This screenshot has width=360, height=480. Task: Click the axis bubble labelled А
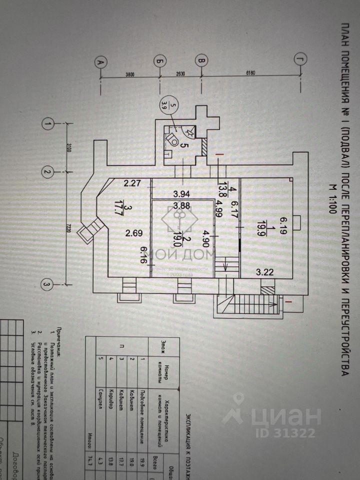click(99, 62)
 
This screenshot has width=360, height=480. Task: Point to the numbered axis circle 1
click(48, 123)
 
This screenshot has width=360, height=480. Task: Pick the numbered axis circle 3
click(46, 285)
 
